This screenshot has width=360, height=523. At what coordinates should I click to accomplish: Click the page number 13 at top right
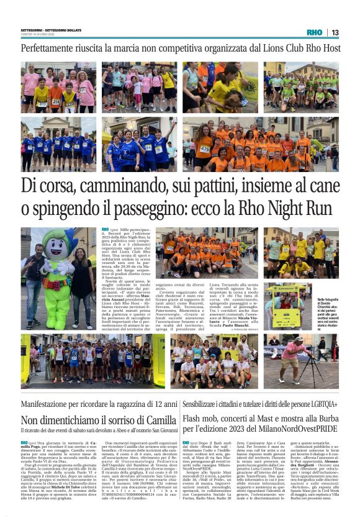click(335, 32)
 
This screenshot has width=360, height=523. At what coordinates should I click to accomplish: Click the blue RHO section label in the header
click(314, 32)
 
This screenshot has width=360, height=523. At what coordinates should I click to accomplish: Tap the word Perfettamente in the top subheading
click(52, 48)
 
